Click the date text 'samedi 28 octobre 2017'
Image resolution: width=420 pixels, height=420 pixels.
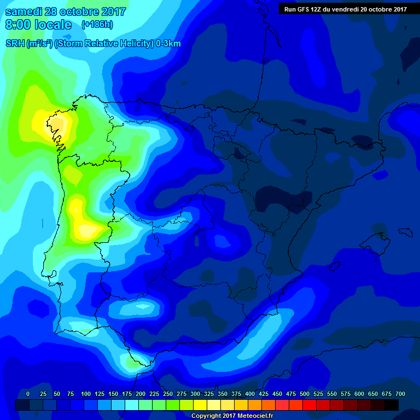(66, 11)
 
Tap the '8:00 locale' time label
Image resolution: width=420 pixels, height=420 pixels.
(38, 25)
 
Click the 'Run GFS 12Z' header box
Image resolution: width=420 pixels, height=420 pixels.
(345, 9)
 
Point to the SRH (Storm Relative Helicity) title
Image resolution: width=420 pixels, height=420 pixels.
(93, 44)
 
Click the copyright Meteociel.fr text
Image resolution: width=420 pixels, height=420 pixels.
(232, 416)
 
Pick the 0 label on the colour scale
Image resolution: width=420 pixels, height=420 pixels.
(28, 394)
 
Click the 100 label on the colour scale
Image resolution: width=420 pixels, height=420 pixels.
(85, 394)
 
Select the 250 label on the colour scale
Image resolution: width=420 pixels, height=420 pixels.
(168, 394)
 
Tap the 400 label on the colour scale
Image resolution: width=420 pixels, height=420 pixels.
(250, 394)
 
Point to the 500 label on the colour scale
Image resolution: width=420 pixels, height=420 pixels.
(305, 394)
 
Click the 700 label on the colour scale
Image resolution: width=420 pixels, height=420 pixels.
(400, 394)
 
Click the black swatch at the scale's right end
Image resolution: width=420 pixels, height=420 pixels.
(392, 405)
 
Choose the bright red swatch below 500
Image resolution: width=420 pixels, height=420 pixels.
(310, 405)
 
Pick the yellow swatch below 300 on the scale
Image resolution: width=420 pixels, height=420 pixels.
(200, 405)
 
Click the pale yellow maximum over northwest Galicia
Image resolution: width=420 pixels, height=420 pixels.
(59, 125)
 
